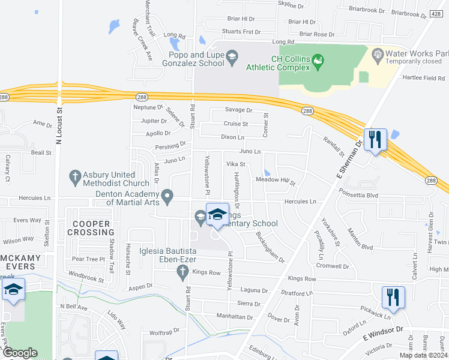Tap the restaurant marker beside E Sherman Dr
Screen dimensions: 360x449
click(x=375, y=140)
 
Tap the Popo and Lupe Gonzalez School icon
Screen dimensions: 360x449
click(x=231, y=58)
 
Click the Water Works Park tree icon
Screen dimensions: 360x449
click(x=378, y=56)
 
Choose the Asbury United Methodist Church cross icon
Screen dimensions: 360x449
click(x=75, y=176)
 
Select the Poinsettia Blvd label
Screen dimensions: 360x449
click(x=359, y=195)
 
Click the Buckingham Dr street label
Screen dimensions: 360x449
click(x=270, y=247)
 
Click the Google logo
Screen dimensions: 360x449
click(x=20, y=353)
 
